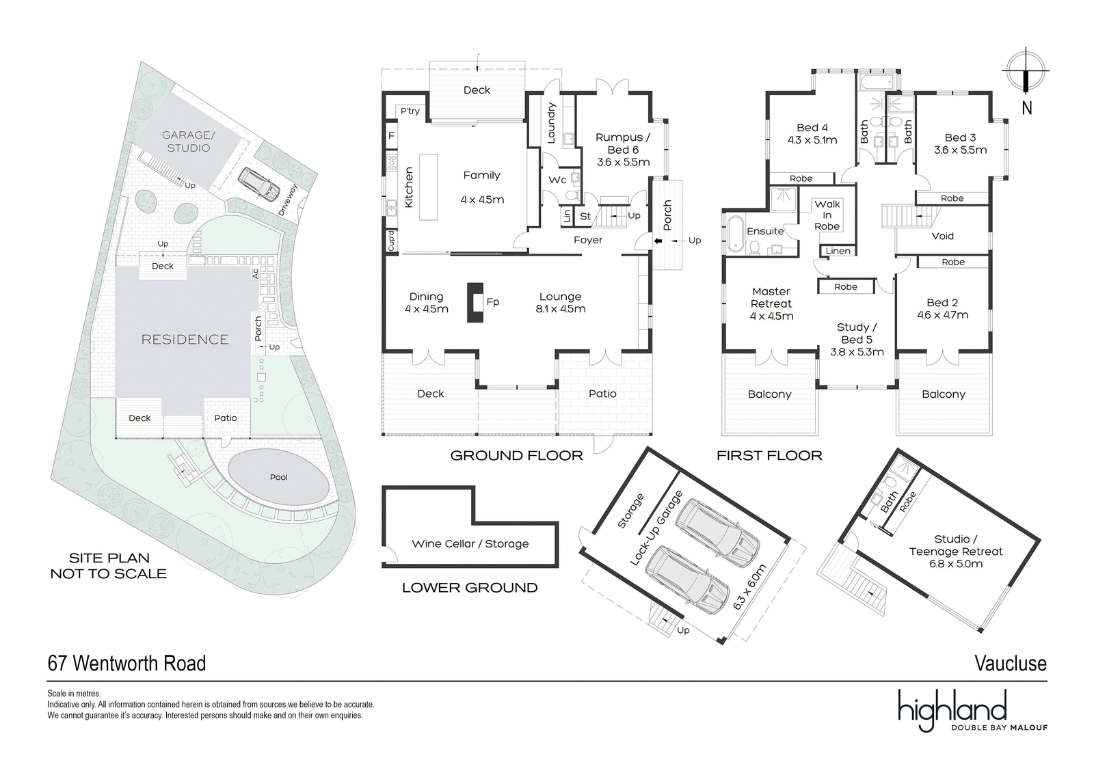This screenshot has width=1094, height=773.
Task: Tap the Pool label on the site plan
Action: click(279, 477)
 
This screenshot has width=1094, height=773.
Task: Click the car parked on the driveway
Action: click(259, 182)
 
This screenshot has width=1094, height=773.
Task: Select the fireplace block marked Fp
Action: click(475, 303)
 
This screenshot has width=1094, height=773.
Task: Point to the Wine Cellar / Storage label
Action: click(470, 543)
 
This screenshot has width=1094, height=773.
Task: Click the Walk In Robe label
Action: click(827, 215)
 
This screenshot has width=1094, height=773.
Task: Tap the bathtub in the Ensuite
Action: click(734, 235)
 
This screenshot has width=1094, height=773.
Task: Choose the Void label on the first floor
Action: click(943, 236)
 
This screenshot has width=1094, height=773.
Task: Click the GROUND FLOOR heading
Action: click(516, 456)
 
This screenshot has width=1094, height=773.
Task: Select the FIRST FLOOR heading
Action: click(769, 456)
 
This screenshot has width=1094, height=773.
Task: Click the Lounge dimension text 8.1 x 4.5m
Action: click(560, 309)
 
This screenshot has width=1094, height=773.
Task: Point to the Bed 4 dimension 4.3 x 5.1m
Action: click(812, 140)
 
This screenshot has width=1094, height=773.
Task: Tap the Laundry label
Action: click(551, 122)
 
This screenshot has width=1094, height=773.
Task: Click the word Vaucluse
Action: click(1011, 663)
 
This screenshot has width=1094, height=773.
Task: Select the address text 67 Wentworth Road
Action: click(126, 663)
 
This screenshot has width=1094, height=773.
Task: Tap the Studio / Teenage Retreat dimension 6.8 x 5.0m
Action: click(955, 564)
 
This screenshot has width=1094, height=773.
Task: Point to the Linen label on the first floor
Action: click(838, 251)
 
